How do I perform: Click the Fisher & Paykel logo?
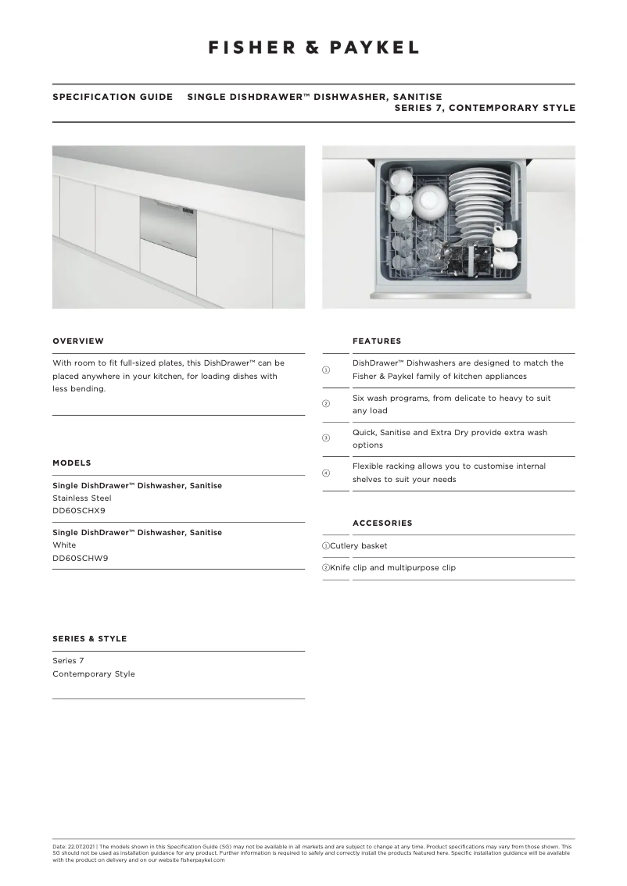pos(313,48)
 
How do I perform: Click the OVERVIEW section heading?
pos(78,341)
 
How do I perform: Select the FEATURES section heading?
pos(377,341)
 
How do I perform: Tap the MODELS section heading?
pos(72,463)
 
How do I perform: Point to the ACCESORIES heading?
pos(382,523)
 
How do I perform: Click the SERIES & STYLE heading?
pos(89,639)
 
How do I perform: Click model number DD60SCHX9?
pos(79,510)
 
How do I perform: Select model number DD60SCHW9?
pos(80,557)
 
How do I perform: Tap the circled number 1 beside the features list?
pos(326,370)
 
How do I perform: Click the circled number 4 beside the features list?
pos(326,473)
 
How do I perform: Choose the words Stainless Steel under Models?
pos(82,498)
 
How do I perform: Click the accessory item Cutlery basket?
pos(359,546)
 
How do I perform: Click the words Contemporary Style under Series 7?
pos(94,674)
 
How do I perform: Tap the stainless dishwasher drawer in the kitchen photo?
pos(167,218)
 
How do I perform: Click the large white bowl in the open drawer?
pos(430,202)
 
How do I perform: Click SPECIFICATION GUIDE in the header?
pos(113,98)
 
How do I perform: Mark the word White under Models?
pos(63,545)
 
